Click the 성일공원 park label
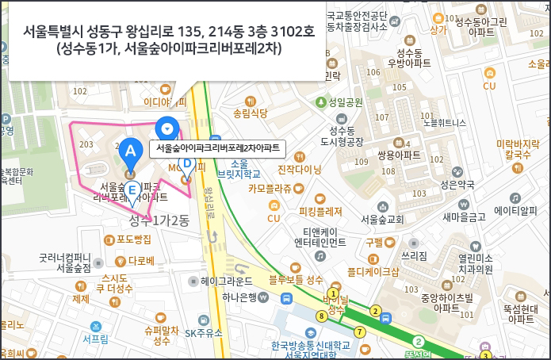346,101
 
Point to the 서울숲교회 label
382,219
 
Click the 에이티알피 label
516,210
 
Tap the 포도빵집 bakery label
133,239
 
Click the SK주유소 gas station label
204,333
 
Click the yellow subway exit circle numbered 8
321,316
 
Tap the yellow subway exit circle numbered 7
361,331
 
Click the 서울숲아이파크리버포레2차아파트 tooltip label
217,147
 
